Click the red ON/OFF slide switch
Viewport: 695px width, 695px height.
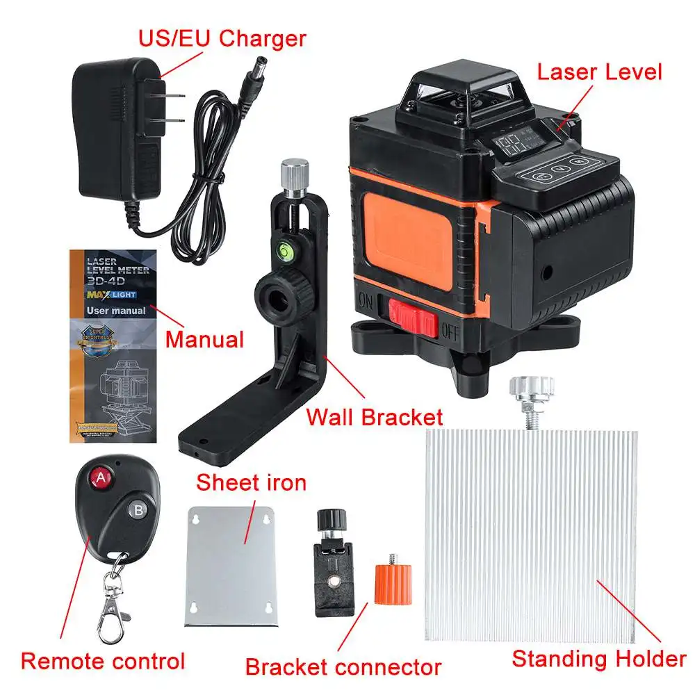pos(412,317)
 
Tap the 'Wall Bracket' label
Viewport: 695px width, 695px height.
pos(375,417)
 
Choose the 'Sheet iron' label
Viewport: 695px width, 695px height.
pos(251,482)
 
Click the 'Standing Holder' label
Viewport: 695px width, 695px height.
pos(598,658)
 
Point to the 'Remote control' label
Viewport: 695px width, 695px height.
pos(103,660)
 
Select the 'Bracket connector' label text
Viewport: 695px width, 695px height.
pos(343,667)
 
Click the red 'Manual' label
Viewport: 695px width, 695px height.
pos(204,339)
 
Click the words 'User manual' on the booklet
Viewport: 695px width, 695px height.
pos(116,310)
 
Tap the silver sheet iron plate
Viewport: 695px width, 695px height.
pos(231,563)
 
